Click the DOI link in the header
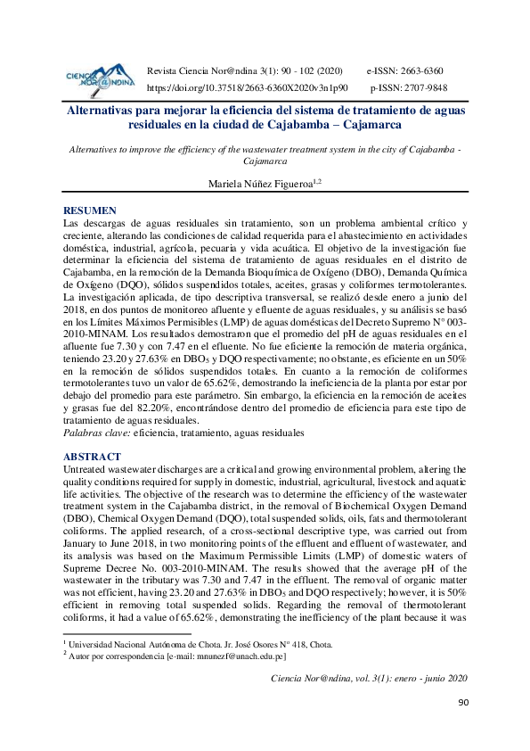(x=247, y=88)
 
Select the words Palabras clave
(x=96, y=433)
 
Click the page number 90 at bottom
(x=462, y=729)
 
